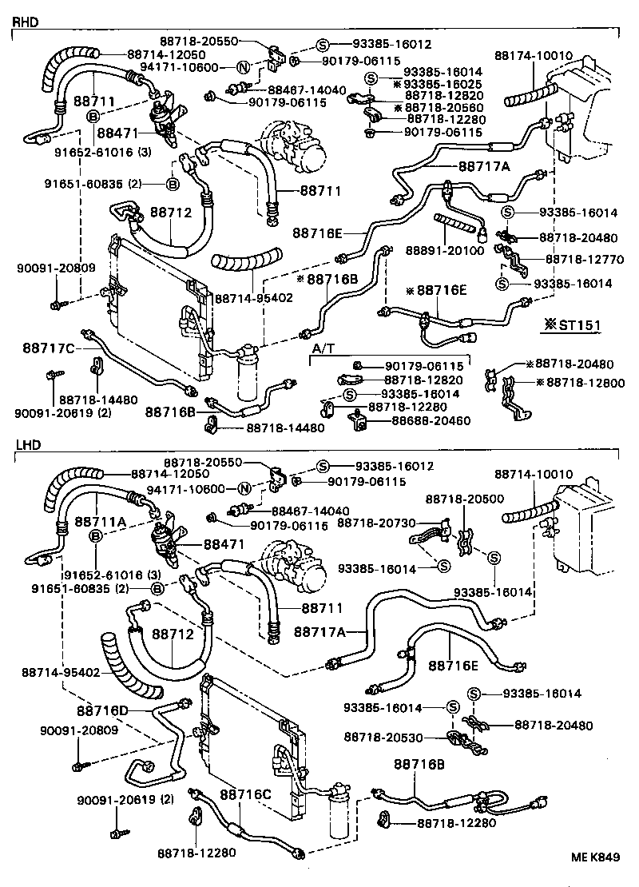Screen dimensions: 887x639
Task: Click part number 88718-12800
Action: point(580,382)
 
